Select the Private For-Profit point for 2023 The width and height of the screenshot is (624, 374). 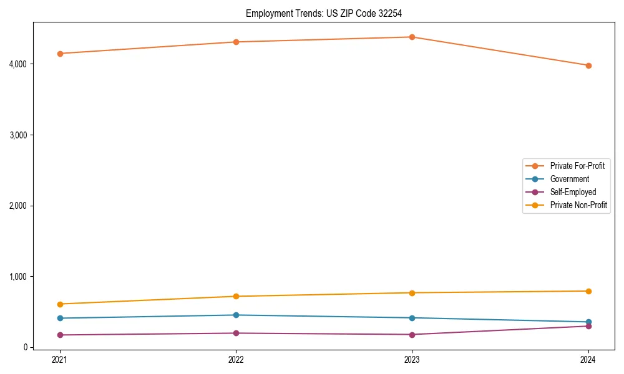(412, 37)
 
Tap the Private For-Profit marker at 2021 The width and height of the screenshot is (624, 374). (60, 54)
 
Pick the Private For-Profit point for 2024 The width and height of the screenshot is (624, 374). (588, 65)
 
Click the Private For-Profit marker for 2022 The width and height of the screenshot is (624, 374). (236, 42)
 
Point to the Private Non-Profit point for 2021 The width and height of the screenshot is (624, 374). (60, 304)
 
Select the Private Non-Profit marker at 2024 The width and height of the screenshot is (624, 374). (588, 291)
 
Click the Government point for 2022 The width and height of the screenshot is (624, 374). (236, 315)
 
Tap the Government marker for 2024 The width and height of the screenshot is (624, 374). (588, 322)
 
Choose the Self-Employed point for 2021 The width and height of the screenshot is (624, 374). (60, 335)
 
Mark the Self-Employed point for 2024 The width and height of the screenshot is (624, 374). (588, 326)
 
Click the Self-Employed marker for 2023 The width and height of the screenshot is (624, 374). (412, 335)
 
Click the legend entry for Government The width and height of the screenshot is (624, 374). (569, 179)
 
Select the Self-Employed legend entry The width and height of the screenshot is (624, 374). (573, 192)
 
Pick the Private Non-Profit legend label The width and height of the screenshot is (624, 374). (578, 205)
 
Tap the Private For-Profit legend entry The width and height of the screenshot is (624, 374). (577, 166)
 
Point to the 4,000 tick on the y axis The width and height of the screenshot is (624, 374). (17, 64)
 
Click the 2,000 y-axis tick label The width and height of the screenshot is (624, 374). (17, 206)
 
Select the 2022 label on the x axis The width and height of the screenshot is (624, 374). (236, 359)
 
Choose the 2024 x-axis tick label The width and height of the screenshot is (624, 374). (588, 359)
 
